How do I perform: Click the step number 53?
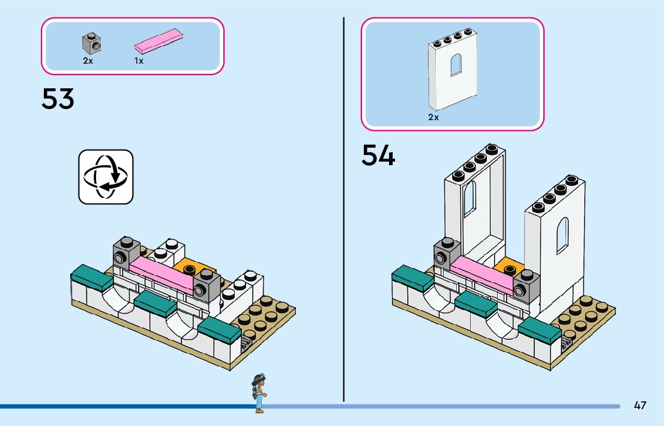(x=58, y=99)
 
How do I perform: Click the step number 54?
(x=378, y=156)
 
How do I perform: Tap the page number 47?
(x=640, y=406)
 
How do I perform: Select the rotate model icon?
(x=106, y=177)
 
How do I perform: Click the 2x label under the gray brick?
(x=88, y=61)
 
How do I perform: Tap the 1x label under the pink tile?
(x=139, y=61)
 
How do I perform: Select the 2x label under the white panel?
(x=433, y=117)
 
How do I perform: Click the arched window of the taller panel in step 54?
(x=469, y=198)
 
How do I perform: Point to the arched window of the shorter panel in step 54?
(x=562, y=235)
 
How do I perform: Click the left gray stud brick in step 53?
(x=125, y=252)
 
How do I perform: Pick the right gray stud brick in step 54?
(x=525, y=285)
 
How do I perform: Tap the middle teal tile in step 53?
(x=155, y=303)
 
